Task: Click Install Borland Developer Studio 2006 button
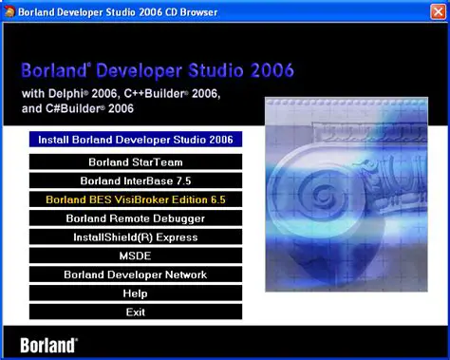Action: (136, 140)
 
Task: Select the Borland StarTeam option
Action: (136, 161)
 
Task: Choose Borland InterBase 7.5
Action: (136, 180)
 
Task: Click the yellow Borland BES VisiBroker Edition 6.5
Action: (136, 199)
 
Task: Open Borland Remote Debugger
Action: (136, 218)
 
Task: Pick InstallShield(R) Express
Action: (136, 237)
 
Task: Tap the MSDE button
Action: (136, 256)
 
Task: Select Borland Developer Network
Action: (136, 275)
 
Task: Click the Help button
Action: (136, 294)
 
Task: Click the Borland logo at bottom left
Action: (48, 344)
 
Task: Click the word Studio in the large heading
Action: (214, 71)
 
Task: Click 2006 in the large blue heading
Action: (269, 71)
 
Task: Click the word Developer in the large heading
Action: (136, 71)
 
